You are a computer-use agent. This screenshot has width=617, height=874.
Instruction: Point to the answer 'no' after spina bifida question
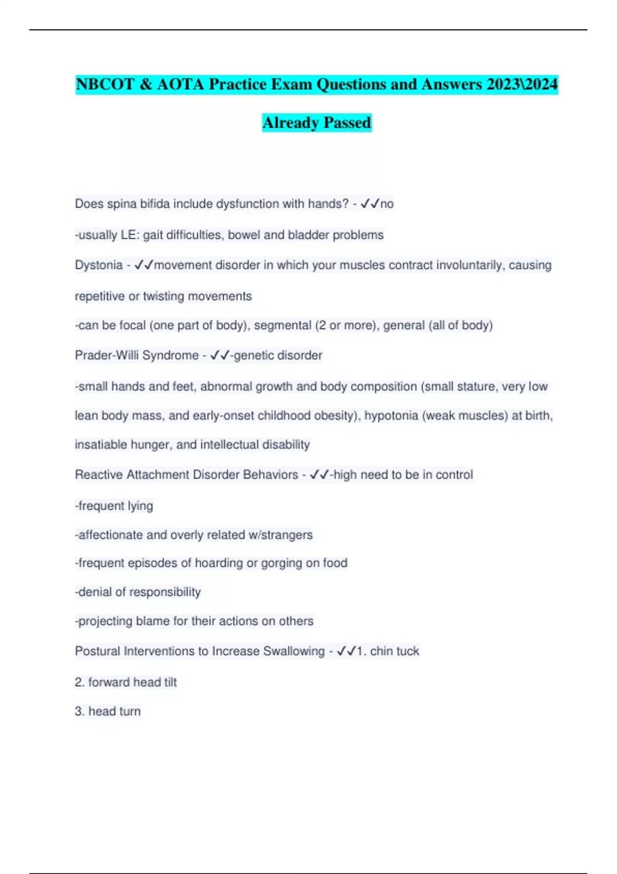[387, 204]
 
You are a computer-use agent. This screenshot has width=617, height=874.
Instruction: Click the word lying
[140, 506]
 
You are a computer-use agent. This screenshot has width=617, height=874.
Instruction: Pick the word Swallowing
[294, 651]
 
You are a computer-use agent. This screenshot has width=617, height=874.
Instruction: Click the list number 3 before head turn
[79, 712]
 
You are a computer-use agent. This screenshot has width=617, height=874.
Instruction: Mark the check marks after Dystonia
[144, 265]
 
